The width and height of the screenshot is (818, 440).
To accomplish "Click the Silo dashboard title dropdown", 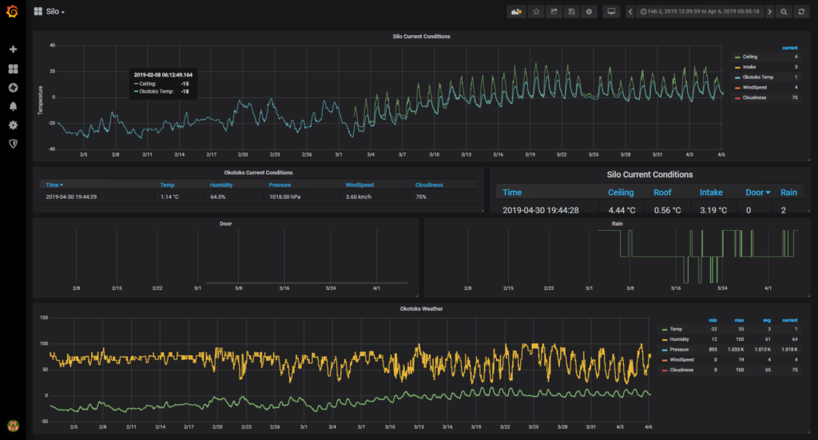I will point(54,12).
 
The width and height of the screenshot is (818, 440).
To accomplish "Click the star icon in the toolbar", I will point(536,12).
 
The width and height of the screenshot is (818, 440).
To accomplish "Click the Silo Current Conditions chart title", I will point(422,37).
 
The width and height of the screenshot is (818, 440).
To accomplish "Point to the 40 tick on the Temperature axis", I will point(51,46).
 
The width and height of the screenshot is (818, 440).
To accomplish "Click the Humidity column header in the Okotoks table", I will point(221,184).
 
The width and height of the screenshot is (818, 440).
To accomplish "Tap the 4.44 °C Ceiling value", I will point(621,210).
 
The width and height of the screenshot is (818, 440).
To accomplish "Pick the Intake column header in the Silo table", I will point(711,192).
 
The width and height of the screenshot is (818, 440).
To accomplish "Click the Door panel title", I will point(226,224).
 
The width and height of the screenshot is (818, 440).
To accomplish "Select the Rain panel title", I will point(617,224).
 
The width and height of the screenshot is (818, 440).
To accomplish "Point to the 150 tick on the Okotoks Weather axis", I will point(44,318).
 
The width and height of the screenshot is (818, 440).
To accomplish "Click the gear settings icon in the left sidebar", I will point(13,125).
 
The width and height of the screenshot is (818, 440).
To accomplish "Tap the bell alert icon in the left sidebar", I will point(13,106).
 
